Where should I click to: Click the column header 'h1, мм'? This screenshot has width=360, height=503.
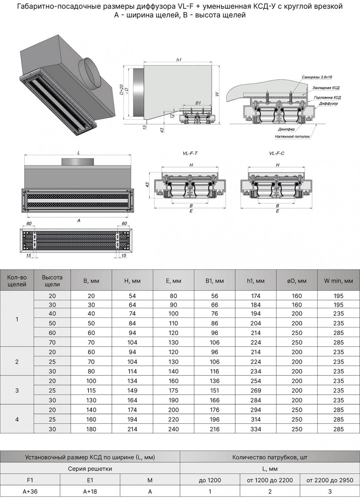(255, 281)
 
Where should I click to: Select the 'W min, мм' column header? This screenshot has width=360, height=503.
(338, 281)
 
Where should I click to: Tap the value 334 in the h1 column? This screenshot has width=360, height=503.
(255, 429)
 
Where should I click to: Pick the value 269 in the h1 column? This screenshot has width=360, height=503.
(255, 390)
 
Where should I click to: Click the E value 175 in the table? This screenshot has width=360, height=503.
(173, 390)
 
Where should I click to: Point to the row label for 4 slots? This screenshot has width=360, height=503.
(17, 419)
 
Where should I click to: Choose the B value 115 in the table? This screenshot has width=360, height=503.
(91, 390)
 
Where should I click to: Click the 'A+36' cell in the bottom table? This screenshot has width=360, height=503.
(30, 491)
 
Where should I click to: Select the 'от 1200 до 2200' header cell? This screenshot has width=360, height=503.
(270, 480)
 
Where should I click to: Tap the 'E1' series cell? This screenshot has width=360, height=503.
(90, 480)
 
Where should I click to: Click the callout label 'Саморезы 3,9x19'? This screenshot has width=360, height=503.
(316, 77)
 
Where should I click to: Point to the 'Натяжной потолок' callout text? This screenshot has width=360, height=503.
(292, 137)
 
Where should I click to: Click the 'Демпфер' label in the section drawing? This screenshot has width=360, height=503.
(286, 129)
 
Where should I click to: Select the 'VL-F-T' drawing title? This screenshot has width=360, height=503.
(190, 153)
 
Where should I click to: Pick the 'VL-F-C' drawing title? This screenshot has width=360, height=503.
(277, 153)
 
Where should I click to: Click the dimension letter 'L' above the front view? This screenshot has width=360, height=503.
(78, 153)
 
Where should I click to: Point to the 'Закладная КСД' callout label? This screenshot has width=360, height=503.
(326, 88)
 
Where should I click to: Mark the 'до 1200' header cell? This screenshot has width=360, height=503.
(210, 480)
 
